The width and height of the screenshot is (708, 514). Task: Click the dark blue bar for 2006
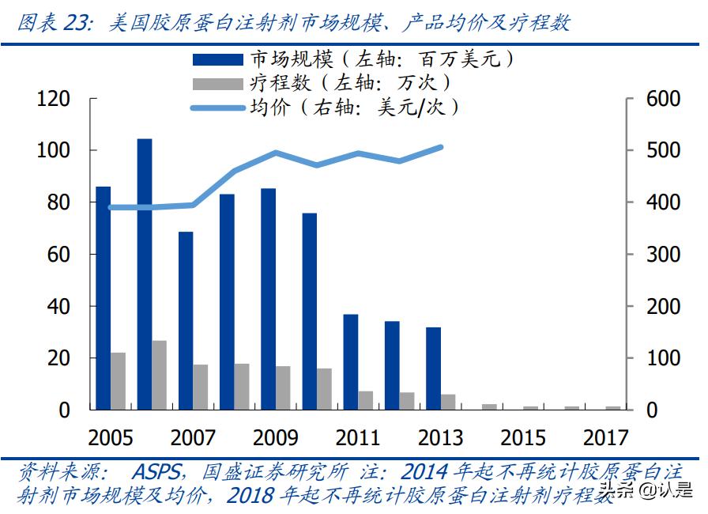tap(145, 274)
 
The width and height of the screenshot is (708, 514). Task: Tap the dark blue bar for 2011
tap(351, 361)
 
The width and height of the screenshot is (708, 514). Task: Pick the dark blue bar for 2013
tap(433, 368)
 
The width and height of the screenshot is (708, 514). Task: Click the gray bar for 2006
tap(160, 375)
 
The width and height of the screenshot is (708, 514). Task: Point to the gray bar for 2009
tap(283, 387)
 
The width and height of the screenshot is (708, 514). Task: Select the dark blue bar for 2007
tap(186, 320)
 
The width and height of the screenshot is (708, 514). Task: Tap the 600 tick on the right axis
tap(664, 99)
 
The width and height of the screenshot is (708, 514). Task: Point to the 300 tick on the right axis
tap(664, 255)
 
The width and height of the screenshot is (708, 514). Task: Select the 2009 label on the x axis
tap(276, 437)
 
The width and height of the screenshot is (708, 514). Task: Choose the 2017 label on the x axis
tap(605, 437)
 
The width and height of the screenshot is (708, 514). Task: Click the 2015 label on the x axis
tap(523, 437)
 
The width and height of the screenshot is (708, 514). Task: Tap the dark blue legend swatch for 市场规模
tap(217, 60)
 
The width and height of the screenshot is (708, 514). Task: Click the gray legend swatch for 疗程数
tap(217, 83)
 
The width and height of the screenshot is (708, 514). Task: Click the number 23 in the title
tap(76, 23)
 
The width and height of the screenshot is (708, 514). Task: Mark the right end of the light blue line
tap(440, 147)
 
